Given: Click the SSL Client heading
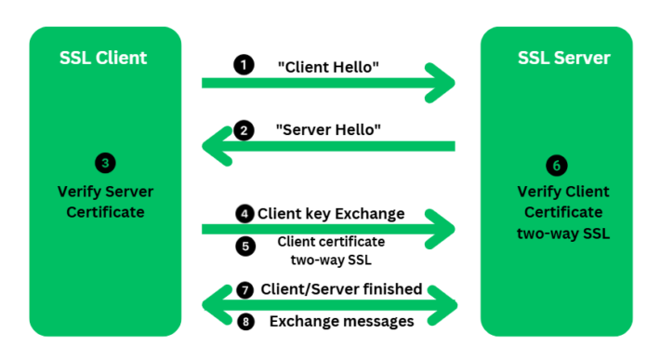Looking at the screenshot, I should (104, 58).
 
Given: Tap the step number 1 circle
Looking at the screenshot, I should (244, 66).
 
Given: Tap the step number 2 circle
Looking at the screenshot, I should (244, 130).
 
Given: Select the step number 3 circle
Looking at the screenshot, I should (105, 163).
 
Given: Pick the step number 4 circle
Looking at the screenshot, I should (244, 213).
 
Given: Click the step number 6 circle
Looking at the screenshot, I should (556, 166).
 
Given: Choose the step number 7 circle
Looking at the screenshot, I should (244, 289).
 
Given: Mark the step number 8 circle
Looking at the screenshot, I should (244, 321).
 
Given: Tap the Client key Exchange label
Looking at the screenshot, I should (331, 213).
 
